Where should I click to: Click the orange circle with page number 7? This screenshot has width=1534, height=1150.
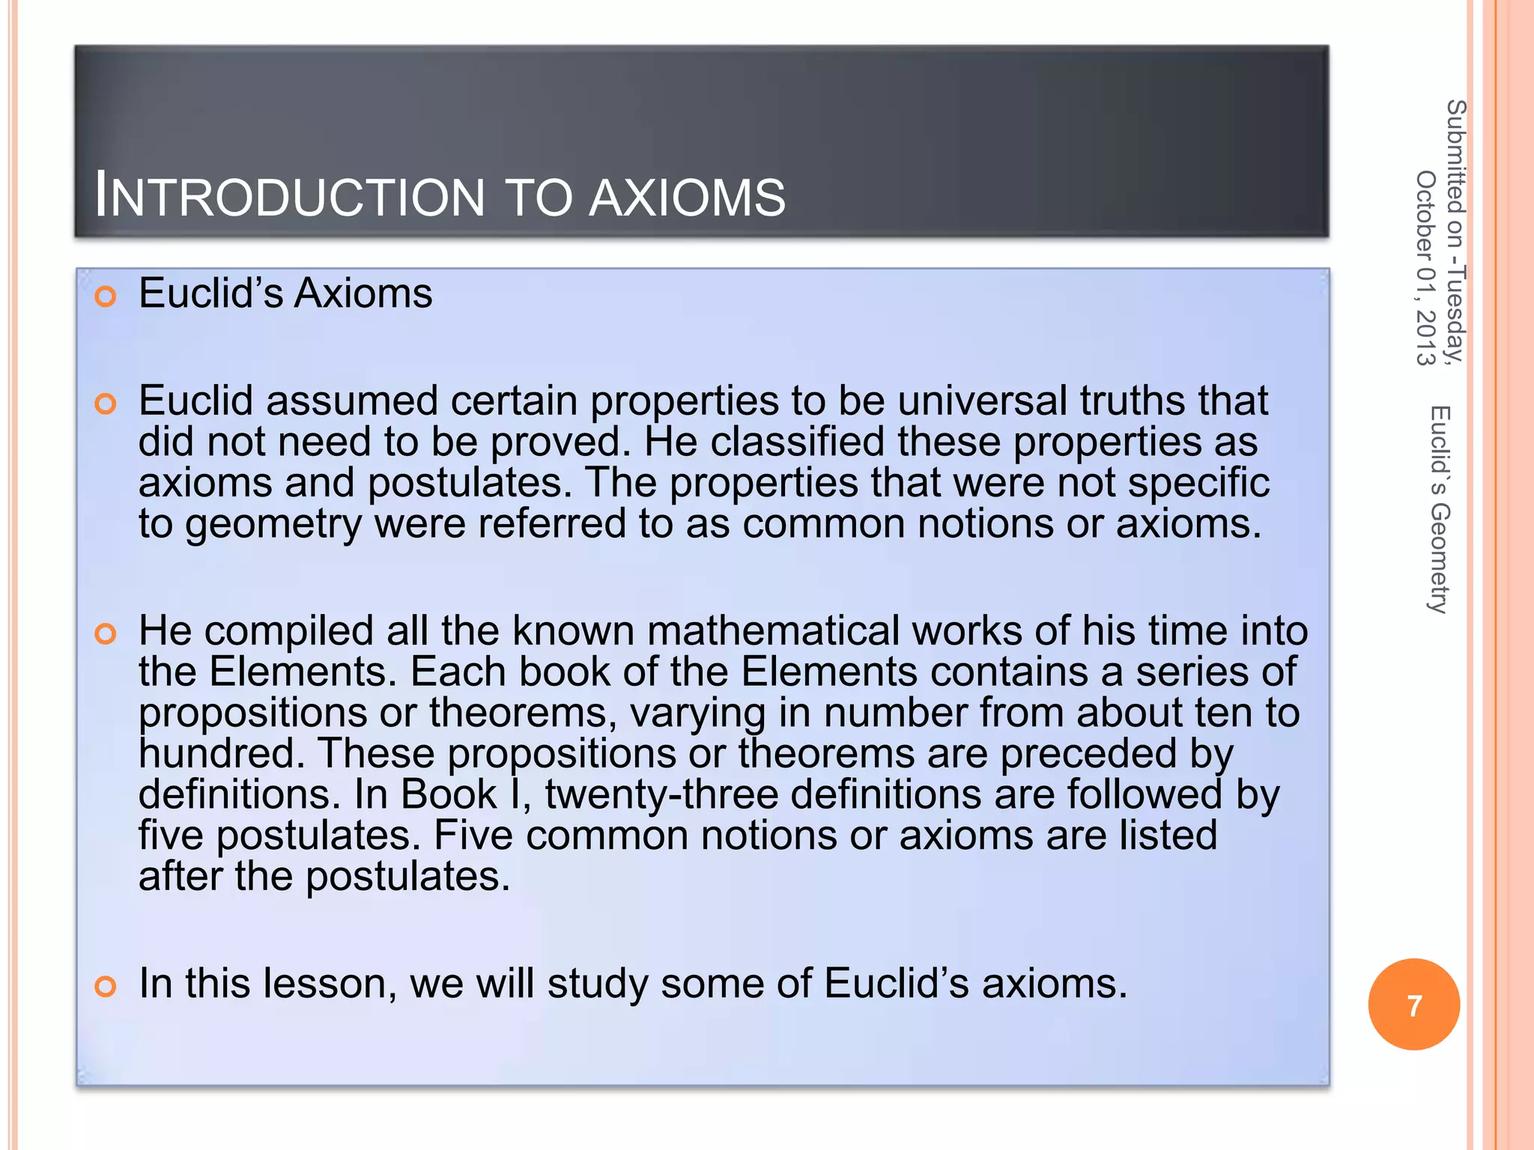[1413, 1005]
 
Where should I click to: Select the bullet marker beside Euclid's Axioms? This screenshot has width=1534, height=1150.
[106, 296]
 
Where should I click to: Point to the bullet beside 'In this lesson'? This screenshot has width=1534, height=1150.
[106, 986]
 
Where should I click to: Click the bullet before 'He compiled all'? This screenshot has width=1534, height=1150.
[106, 634]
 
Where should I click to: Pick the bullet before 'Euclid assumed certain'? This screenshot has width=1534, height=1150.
[106, 404]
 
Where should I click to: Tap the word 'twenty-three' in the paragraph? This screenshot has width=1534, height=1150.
[661, 794]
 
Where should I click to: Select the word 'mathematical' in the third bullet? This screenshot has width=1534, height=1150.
[772, 630]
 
